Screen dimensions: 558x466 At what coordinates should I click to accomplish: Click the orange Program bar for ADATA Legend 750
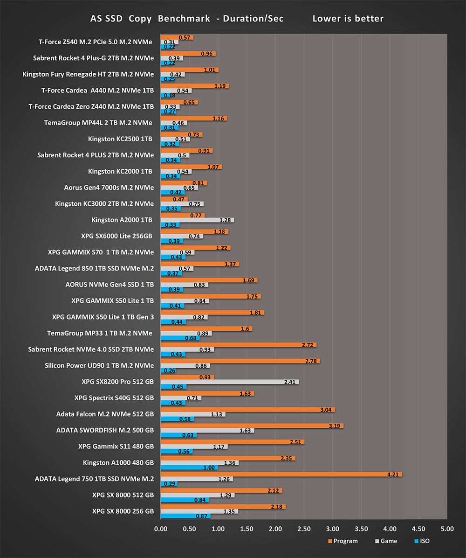[280, 474]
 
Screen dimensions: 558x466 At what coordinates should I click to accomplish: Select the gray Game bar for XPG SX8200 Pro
[228, 382]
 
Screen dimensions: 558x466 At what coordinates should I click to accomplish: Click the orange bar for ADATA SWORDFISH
[252, 425]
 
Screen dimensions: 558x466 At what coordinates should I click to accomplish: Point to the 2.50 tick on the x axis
[304, 529]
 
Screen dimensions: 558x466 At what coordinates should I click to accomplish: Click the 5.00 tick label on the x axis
[447, 529]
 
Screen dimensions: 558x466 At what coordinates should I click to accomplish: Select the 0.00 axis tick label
[160, 529]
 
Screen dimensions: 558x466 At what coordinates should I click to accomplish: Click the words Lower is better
[348, 19]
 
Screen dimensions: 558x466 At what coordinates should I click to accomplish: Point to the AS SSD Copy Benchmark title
[186, 19]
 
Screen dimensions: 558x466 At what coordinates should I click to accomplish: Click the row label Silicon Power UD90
[99, 365]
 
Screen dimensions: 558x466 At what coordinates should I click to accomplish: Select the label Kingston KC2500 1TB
[120, 139]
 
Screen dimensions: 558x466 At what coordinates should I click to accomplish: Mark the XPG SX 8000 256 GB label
[123, 511]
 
